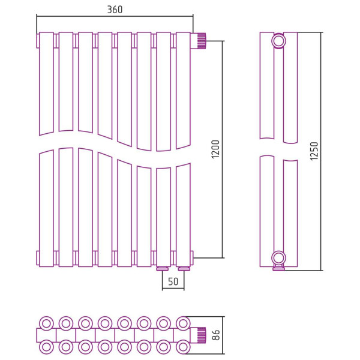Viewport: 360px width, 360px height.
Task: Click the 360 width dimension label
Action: [115, 10]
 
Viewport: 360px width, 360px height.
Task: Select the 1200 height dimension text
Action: [216, 149]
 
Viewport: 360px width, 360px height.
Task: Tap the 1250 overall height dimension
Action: [314, 151]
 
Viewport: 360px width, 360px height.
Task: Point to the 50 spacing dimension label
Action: [173, 281]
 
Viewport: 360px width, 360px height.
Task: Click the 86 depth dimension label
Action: [216, 335]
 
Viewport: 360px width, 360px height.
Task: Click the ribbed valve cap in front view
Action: [202, 41]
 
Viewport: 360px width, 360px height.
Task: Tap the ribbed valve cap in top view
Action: [202, 335]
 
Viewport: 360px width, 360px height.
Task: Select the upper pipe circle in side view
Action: [278, 41]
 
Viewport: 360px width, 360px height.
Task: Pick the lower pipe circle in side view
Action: [278, 258]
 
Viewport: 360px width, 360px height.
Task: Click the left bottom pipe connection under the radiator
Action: [163, 268]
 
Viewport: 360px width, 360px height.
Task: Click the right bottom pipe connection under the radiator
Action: [183, 268]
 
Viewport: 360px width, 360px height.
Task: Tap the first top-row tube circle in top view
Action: [46, 323]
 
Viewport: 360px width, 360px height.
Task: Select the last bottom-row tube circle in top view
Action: [183, 347]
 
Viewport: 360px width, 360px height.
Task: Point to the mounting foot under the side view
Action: [278, 268]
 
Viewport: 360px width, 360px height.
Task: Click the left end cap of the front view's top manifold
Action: [38, 41]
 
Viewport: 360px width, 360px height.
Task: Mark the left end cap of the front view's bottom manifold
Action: [38, 258]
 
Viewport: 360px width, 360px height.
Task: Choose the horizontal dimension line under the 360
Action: [115, 16]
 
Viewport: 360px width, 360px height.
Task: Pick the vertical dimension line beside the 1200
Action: [223, 149]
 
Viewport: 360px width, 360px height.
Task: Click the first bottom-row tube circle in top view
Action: [46, 347]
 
